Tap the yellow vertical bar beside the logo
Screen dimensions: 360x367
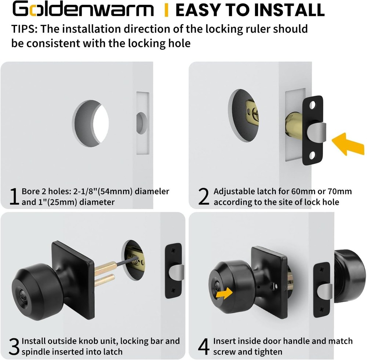point(166,10)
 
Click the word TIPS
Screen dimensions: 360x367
point(22,29)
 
